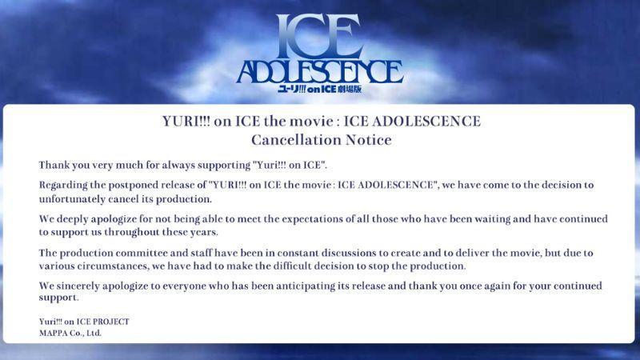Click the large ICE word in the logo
pos(318,36)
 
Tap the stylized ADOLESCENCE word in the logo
pos(320,72)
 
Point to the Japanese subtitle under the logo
pos(319,89)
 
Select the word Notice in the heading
pos(369,140)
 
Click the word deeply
pos(72,219)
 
